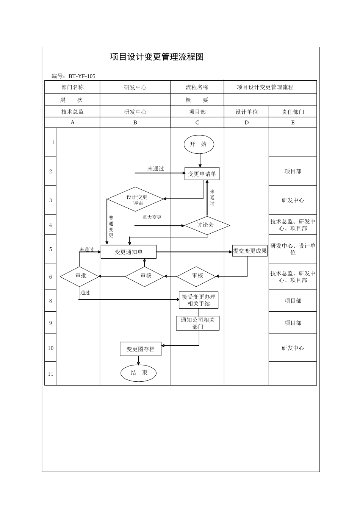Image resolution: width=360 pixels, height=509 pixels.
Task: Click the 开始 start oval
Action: (x=199, y=144)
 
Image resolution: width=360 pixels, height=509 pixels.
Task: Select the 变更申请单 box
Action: (x=202, y=174)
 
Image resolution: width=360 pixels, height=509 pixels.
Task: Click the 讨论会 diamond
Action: (x=207, y=225)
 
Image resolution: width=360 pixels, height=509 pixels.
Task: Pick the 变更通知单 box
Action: (x=128, y=252)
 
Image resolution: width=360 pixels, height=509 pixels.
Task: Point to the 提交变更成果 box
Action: (x=250, y=251)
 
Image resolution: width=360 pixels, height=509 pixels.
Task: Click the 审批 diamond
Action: (x=80, y=276)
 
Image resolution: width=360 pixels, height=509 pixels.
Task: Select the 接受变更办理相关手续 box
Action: (x=199, y=300)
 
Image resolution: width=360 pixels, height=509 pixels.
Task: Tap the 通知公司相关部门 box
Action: (x=197, y=323)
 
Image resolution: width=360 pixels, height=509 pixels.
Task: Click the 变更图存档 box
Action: (x=141, y=349)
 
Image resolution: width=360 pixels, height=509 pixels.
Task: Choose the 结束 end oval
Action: (x=139, y=373)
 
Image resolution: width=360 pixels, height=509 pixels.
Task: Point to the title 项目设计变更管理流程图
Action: (x=157, y=57)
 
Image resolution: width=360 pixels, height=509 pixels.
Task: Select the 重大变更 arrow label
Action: (x=152, y=217)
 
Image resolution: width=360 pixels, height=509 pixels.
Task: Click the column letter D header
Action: (x=247, y=123)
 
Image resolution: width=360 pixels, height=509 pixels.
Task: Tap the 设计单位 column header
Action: (x=247, y=112)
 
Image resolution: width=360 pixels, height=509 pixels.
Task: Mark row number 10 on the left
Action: (x=50, y=348)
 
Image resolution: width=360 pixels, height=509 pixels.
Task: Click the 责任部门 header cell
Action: (x=293, y=112)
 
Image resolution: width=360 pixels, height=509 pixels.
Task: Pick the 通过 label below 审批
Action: (x=85, y=293)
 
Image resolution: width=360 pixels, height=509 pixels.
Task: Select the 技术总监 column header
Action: (x=72, y=112)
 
